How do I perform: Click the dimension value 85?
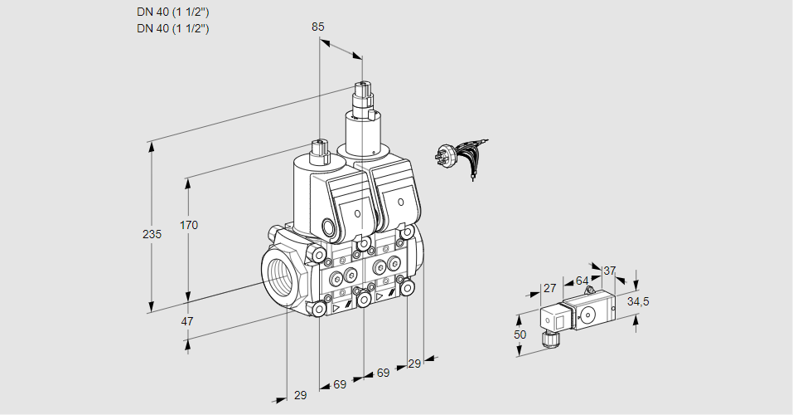pyautogui.click(x=318, y=27)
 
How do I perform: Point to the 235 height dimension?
pyautogui.click(x=152, y=235)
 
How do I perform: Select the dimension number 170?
pyautogui.click(x=189, y=225)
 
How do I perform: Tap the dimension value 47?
pyautogui.click(x=187, y=321)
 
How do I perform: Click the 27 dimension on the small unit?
pyautogui.click(x=549, y=288)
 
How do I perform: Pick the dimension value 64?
pyautogui.click(x=582, y=281)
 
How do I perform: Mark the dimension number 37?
pyautogui.click(x=609, y=271)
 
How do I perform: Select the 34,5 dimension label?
pyautogui.click(x=637, y=301)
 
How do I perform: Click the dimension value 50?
pyautogui.click(x=520, y=334)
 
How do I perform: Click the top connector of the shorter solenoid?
pyautogui.click(x=320, y=150)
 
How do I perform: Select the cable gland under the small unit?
pyautogui.click(x=548, y=337)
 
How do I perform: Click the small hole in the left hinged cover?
pyautogui.click(x=358, y=214)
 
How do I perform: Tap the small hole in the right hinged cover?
pyautogui.click(x=402, y=202)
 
